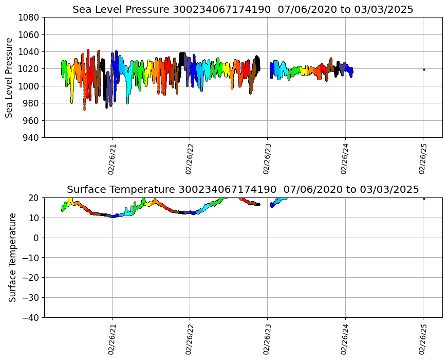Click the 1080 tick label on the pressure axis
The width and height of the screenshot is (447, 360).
[x=28, y=17]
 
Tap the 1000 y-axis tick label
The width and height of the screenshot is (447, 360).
[x=28, y=86]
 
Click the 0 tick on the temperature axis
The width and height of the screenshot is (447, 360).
[x=36, y=238]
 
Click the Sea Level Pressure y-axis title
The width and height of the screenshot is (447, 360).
[x=9, y=78]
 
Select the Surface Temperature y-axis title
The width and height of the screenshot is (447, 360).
[x=12, y=258]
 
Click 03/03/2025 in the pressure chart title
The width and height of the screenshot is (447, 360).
[x=384, y=9]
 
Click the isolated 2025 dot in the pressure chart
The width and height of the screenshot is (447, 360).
[x=424, y=69]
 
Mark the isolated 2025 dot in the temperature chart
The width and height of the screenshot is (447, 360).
[x=424, y=199]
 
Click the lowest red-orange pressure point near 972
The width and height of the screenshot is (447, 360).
[x=84, y=109]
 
